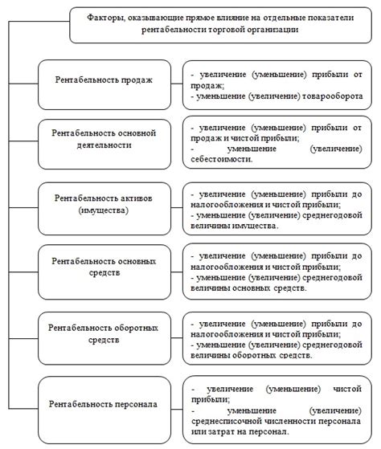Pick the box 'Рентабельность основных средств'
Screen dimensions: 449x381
click(x=104, y=267)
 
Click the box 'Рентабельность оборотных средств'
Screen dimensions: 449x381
click(x=104, y=334)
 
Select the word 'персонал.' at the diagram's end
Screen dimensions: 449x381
click(x=267, y=434)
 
